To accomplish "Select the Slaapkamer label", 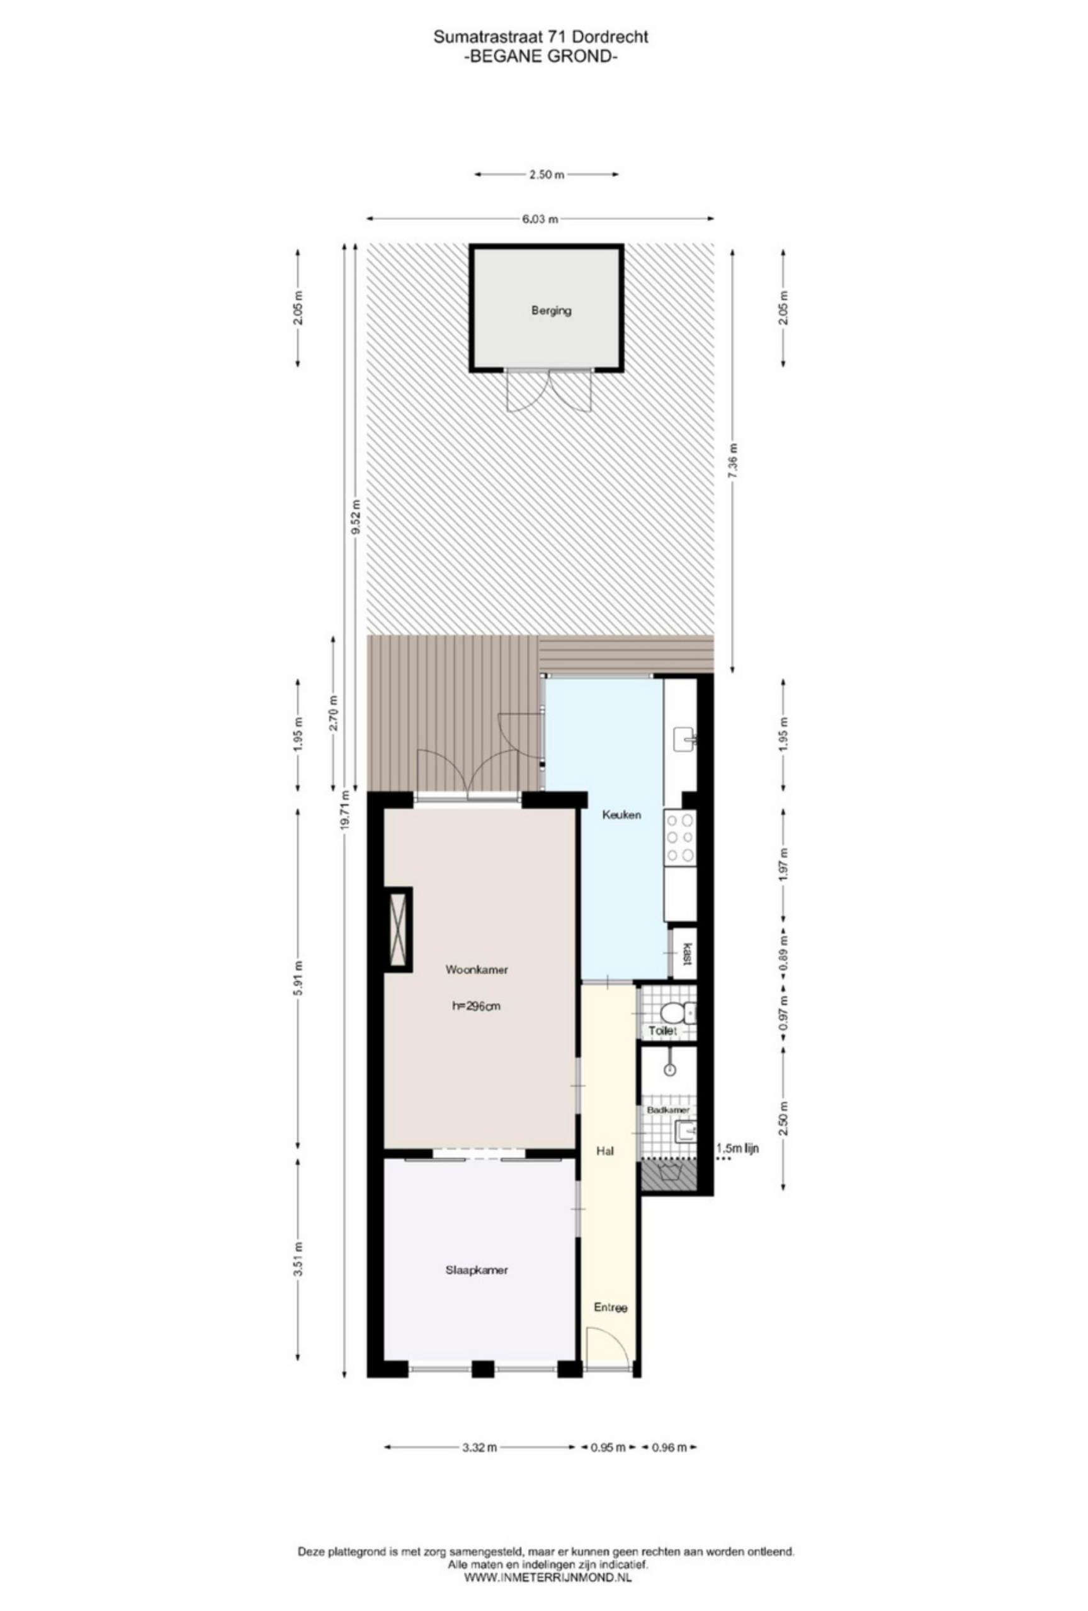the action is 477,1270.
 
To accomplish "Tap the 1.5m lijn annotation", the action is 737,1148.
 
